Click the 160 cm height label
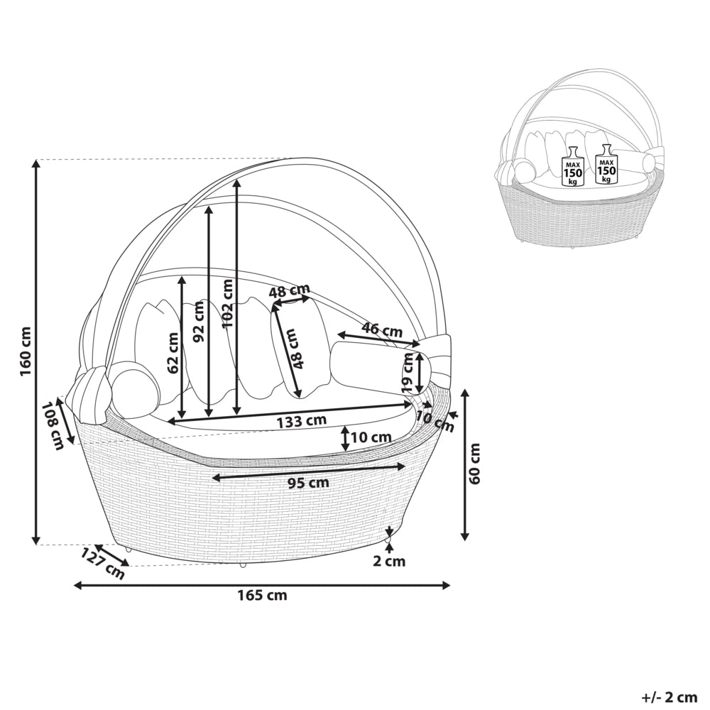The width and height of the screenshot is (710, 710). click(25, 351)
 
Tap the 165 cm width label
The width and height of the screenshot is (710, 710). click(262, 594)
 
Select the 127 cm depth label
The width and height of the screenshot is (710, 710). click(103, 564)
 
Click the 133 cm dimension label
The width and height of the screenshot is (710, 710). click(301, 421)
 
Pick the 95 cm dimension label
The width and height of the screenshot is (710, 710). click(308, 483)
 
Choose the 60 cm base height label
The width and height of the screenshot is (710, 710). click(474, 464)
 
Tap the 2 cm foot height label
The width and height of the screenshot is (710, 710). click(389, 562)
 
